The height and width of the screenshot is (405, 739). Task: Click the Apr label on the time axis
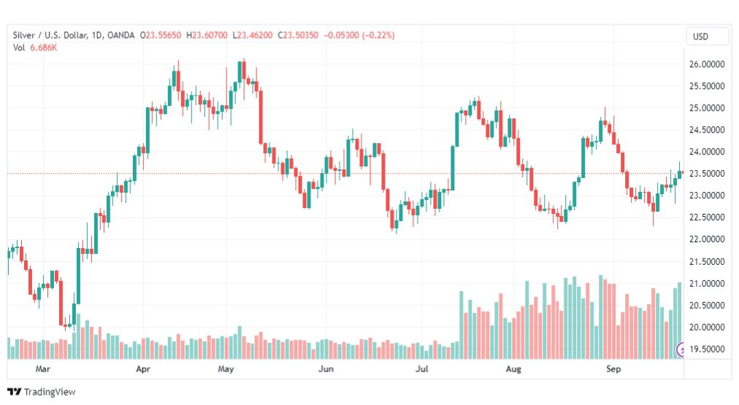(142, 370)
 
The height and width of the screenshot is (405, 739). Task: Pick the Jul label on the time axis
(422, 370)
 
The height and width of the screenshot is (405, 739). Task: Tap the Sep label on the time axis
(614, 370)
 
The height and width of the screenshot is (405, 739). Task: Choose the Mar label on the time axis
(42, 370)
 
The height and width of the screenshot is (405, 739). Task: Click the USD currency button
(707, 36)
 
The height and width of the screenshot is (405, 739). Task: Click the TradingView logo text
(50, 392)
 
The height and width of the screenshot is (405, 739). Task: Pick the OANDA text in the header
(123, 35)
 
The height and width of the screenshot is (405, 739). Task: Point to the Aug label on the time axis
(515, 370)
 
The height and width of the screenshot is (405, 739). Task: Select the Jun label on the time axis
(326, 370)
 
